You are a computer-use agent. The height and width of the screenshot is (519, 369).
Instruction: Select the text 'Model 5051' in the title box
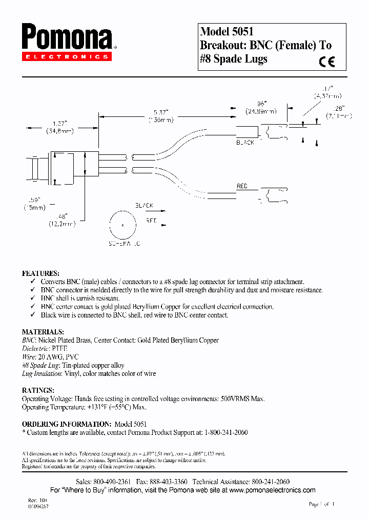point(227,31)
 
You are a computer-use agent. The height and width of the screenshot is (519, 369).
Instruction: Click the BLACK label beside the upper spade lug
point(245,142)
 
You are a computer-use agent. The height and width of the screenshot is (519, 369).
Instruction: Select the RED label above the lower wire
point(242,186)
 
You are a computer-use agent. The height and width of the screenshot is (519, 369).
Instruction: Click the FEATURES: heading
point(40,273)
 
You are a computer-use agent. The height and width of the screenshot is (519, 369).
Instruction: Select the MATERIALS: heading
point(43,332)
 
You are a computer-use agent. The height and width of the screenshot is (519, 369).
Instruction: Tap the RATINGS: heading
point(38,390)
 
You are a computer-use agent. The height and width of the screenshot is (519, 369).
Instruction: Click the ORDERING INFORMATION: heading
point(67,424)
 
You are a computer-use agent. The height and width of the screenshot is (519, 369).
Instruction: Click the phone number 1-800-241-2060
point(222,432)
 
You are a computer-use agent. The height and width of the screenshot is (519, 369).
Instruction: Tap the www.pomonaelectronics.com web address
point(273,490)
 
